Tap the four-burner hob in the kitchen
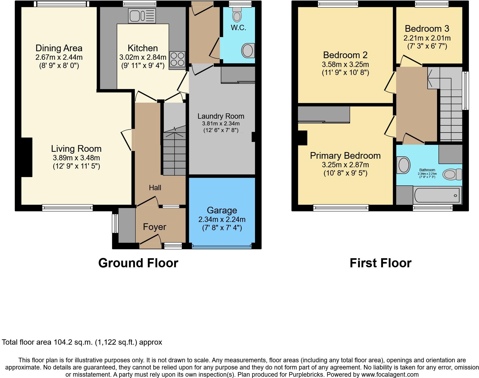pos(177,59)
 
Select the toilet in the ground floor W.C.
pos(237,14)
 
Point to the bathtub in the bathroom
pos(437,195)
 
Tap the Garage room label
pos(222,210)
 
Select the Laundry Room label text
pos(221,116)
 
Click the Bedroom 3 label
pos(427,29)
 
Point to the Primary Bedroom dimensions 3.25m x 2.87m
pos(345,165)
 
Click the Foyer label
pos(154,227)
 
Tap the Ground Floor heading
pos(138,263)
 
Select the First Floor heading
pos(380,263)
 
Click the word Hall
pos(155,188)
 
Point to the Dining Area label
pos(59,48)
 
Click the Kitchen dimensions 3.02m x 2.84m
pos(143,57)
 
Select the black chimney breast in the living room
pos(27,157)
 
